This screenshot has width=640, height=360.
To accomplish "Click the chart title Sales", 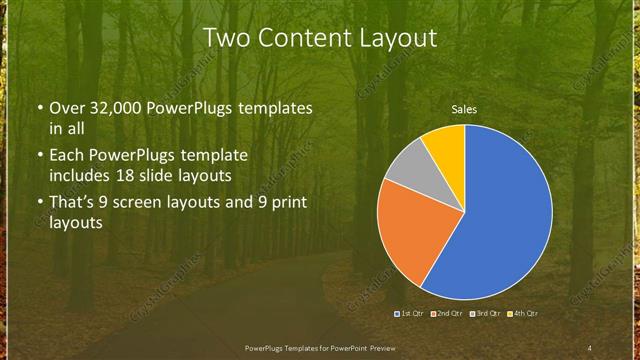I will coord(464,108).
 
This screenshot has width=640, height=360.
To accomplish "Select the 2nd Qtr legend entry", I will coord(447,314).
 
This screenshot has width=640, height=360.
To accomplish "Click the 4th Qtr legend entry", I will coord(522,314).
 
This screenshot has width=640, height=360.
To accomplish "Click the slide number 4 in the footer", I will coord(590,347).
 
